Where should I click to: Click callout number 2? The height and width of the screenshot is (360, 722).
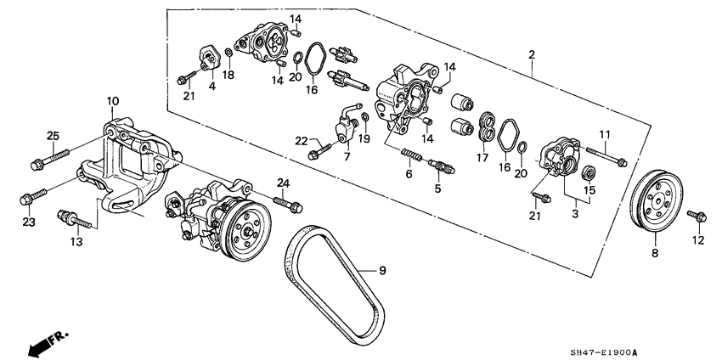click(x=532, y=56)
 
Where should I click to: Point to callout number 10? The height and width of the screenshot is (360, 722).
click(x=111, y=102)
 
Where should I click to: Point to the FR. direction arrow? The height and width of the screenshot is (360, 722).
click(x=48, y=341)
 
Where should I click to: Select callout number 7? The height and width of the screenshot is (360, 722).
click(x=346, y=158)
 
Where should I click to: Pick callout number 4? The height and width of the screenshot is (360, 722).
click(x=212, y=85)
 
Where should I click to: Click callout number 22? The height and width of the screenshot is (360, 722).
click(x=302, y=139)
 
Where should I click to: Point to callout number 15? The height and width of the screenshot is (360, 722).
click(x=589, y=190)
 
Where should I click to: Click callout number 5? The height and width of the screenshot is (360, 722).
click(x=437, y=188)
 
